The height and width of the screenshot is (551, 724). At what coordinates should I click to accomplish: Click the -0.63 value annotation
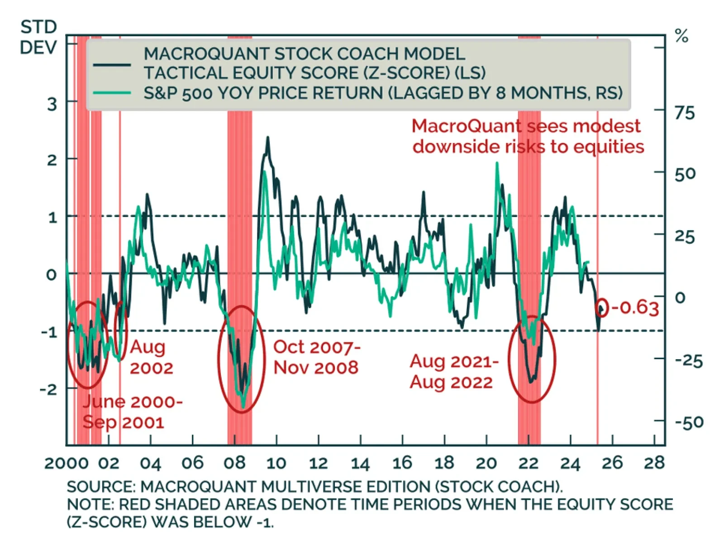point(635,308)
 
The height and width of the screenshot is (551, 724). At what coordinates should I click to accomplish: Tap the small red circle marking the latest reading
point(601,307)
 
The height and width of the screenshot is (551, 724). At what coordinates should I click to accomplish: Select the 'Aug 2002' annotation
point(151,357)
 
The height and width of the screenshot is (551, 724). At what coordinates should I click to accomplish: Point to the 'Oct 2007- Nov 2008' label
point(317,357)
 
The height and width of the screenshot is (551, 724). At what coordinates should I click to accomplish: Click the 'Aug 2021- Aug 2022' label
point(454,372)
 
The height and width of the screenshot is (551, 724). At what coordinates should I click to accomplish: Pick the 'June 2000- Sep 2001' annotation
point(132,412)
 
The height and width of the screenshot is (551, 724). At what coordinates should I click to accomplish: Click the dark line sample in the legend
point(112,65)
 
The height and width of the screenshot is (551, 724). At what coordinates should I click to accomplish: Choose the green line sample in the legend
point(112,93)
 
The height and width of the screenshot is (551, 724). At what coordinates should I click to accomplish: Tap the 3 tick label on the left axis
point(52,104)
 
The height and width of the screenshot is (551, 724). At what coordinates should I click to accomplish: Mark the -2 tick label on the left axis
point(49,389)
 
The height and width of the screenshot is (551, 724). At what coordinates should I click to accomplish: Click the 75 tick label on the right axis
point(684,113)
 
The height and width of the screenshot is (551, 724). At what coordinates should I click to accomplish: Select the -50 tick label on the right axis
point(689,423)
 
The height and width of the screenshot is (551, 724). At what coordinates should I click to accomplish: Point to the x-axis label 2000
point(67,463)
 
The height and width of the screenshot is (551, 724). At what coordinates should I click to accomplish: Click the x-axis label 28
point(654,463)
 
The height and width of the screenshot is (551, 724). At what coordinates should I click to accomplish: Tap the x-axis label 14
point(360,463)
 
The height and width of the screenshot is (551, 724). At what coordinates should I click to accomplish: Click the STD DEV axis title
point(38,37)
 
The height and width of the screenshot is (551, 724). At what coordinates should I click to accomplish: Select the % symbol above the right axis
point(681,36)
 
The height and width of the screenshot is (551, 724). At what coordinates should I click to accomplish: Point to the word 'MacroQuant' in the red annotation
point(466,126)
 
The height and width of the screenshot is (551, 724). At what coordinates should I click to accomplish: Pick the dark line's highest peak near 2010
point(267,138)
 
